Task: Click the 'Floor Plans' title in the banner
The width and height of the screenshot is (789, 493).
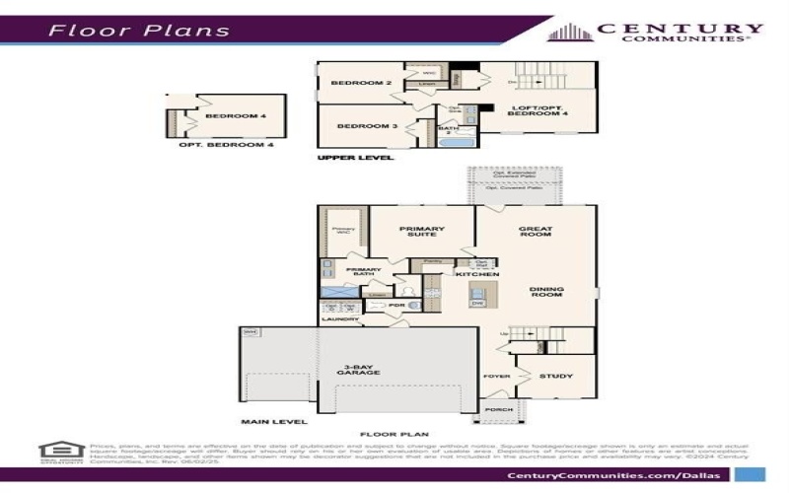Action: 139,30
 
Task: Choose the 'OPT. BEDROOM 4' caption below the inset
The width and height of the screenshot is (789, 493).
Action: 226,145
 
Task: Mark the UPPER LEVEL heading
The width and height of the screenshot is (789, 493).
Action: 355,158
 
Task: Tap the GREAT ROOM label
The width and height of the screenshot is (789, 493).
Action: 536,234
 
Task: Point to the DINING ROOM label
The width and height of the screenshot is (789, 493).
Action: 546,293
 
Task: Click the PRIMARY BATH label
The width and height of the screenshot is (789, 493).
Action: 363,272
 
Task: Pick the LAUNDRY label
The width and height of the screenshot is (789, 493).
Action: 339,319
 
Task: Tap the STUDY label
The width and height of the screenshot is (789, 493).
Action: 557,376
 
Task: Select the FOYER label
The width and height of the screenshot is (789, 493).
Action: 496,377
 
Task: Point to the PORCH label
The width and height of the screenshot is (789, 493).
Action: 499,409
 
